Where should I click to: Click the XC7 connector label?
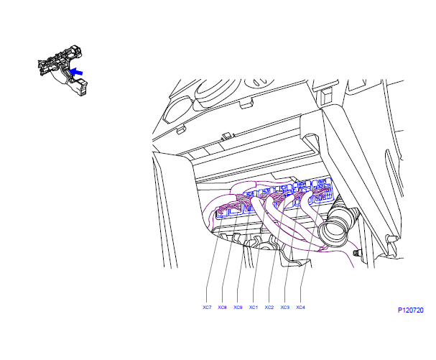point(207,307)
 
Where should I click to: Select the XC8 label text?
point(222,307)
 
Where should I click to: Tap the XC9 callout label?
point(238,307)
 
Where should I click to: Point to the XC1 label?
point(254,307)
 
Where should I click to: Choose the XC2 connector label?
point(269,307)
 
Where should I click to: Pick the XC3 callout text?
point(284,307)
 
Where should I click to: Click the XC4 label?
point(300,307)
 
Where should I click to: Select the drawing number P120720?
point(410,310)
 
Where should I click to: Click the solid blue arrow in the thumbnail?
point(76,72)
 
